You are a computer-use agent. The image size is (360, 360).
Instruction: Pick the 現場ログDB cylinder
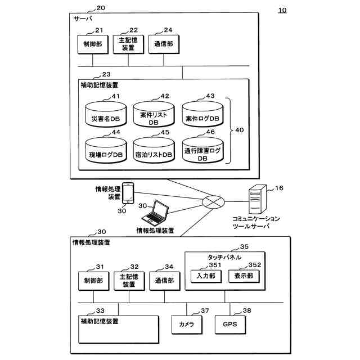click(106, 152)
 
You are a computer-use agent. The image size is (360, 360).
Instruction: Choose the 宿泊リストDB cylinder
click(154, 152)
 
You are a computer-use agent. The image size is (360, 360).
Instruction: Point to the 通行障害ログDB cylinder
click(202, 152)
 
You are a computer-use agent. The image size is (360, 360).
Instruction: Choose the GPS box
click(229, 325)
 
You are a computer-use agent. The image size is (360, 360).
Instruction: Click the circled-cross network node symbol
click(213, 201)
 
